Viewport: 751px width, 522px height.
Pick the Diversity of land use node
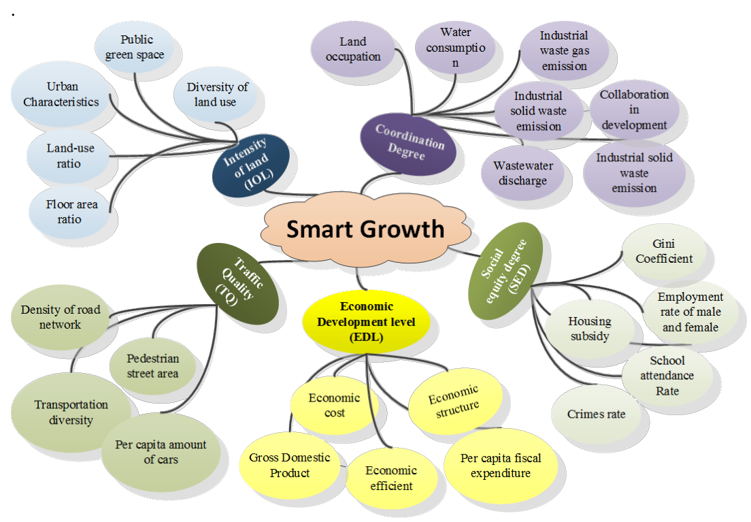click(x=217, y=95)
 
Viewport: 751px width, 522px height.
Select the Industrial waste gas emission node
click(x=563, y=50)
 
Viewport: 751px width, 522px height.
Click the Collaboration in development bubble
click(x=633, y=110)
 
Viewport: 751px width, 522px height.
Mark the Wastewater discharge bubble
click(x=522, y=173)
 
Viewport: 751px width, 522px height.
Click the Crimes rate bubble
click(x=596, y=414)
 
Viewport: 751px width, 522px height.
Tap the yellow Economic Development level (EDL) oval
click(x=366, y=321)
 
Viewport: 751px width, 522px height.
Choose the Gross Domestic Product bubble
click(x=290, y=465)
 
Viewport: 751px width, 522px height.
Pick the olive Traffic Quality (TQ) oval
click(x=238, y=284)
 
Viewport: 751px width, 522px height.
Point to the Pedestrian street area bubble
click(x=152, y=365)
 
